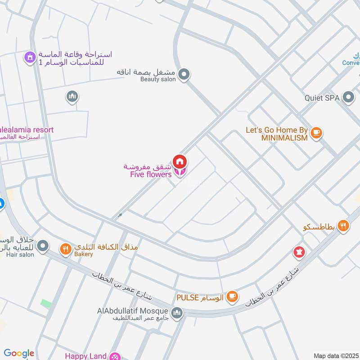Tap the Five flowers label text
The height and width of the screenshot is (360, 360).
[x=151, y=174]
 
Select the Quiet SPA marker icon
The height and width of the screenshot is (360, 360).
[x=348, y=97]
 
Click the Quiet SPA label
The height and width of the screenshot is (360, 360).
[x=323, y=98]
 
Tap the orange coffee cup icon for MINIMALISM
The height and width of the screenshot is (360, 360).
[x=316, y=132]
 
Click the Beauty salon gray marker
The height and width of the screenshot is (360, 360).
[x=184, y=75]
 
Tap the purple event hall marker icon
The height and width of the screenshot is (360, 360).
[x=30, y=57]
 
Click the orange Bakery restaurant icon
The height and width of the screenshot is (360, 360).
[x=66, y=248]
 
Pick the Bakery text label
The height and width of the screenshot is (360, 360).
[x=84, y=255]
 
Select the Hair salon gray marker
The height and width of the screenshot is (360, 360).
[x=43, y=246]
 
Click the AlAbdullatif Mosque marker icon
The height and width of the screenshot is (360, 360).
[x=178, y=312]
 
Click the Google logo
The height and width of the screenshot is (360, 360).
[x=19, y=354]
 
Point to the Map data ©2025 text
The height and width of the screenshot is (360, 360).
[x=336, y=356]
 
